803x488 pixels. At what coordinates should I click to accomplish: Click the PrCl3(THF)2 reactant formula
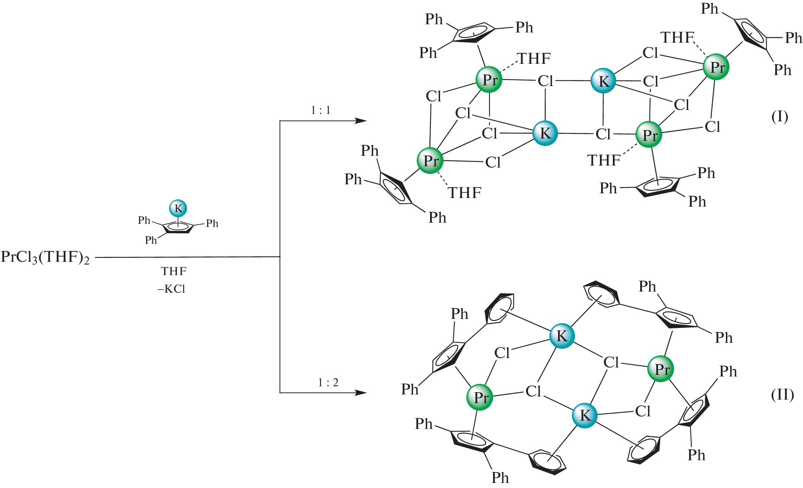(x=45, y=258)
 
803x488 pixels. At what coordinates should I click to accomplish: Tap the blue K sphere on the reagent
(x=178, y=208)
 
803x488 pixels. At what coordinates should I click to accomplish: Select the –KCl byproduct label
(x=171, y=289)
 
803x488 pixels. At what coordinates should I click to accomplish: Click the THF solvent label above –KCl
(x=174, y=271)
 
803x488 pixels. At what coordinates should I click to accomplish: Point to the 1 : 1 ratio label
(x=320, y=110)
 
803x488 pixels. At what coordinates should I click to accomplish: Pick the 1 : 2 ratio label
(x=328, y=382)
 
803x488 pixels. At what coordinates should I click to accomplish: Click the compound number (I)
(x=780, y=117)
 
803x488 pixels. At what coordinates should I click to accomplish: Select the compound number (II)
(x=782, y=395)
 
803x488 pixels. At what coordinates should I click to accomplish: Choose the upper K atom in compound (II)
(x=562, y=336)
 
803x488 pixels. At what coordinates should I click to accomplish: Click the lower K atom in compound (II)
(x=585, y=415)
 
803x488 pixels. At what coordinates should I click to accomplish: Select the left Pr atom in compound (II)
(x=480, y=397)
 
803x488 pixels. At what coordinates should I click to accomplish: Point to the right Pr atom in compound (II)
(x=661, y=369)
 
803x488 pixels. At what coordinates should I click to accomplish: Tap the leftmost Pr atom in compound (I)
(x=430, y=160)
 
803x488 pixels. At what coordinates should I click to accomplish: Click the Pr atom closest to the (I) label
(x=716, y=67)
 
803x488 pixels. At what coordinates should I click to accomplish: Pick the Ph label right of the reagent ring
(x=212, y=223)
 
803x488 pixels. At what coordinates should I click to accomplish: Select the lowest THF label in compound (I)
(x=465, y=193)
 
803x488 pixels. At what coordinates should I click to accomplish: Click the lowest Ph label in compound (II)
(x=500, y=478)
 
